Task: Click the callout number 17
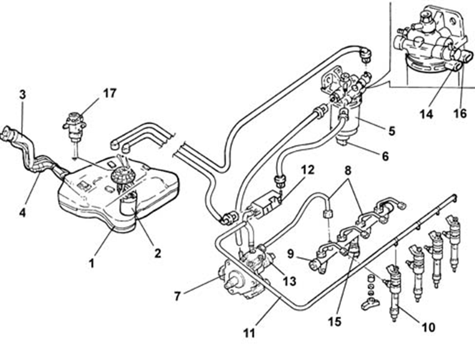[x=110, y=94]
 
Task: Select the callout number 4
[x=22, y=212]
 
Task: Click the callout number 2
[x=157, y=253]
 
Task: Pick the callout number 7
[x=177, y=296]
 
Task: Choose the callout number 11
[x=249, y=333]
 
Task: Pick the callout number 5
[x=391, y=132]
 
